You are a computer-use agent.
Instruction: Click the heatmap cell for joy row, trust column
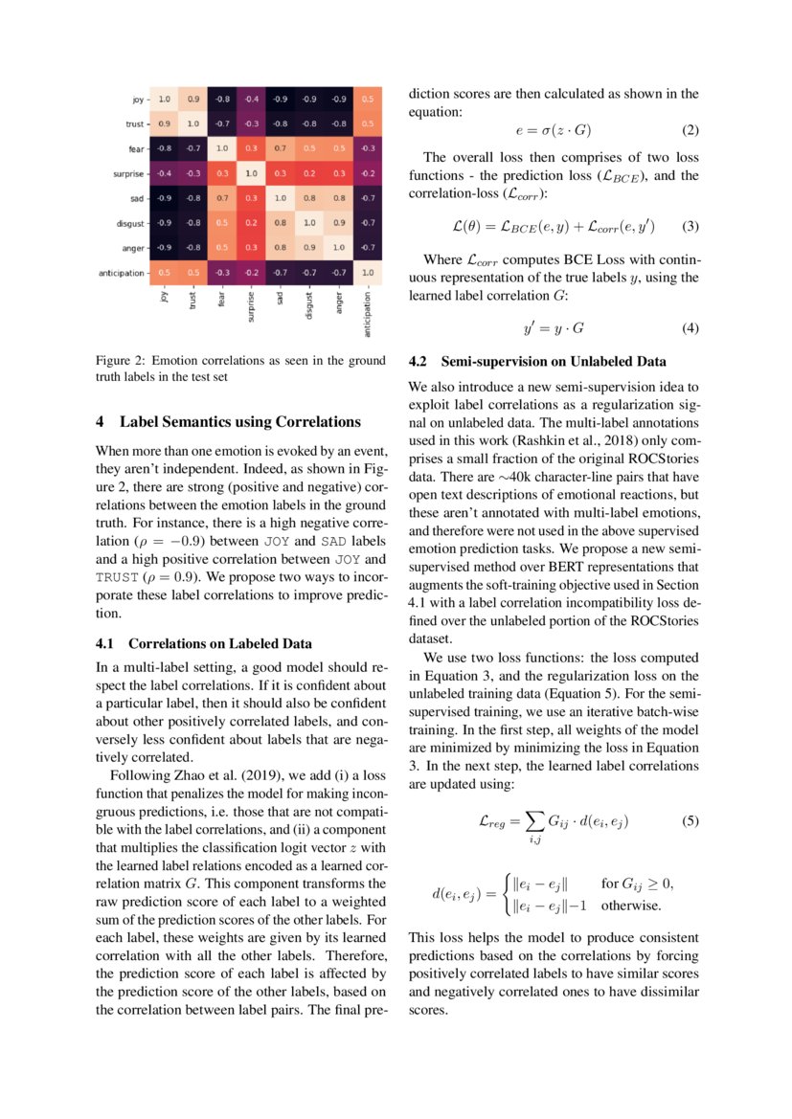click(193, 99)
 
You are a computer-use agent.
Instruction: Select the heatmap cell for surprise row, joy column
click(165, 173)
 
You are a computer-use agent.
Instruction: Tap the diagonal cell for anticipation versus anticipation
click(367, 273)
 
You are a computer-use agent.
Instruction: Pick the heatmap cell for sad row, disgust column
click(309, 198)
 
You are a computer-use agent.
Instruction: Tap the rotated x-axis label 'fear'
click(222, 299)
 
